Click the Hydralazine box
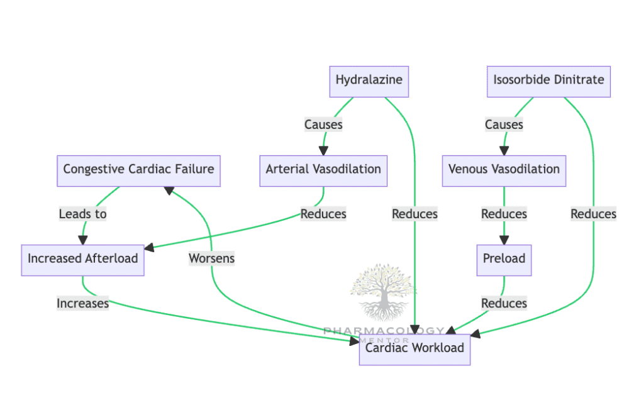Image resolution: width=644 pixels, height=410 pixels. [x=369, y=81]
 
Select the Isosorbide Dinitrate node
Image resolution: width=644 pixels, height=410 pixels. [x=548, y=81]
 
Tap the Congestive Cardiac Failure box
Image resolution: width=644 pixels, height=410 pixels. [x=138, y=170]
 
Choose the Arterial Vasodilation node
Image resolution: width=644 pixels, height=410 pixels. [x=323, y=170]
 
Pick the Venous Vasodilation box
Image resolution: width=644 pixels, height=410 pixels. [x=504, y=170]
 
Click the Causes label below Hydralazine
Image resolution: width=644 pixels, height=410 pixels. [x=323, y=125]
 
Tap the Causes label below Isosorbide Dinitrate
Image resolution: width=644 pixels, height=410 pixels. [x=504, y=125]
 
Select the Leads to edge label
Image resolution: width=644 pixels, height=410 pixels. [x=83, y=214]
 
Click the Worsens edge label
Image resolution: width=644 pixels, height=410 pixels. [x=211, y=258]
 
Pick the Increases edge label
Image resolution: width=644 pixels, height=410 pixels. [x=83, y=304]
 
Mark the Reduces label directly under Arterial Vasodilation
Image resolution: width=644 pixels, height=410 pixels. [x=323, y=214]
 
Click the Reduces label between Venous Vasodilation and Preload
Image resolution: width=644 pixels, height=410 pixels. [x=504, y=214]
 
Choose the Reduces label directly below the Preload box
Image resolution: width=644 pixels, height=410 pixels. [x=504, y=304]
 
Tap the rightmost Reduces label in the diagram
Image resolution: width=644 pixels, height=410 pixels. [x=593, y=214]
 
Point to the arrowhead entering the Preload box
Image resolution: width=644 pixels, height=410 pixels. [x=504, y=240]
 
